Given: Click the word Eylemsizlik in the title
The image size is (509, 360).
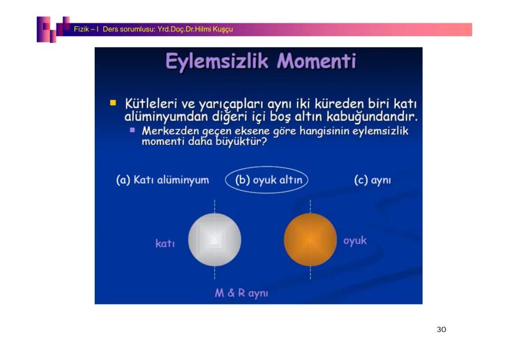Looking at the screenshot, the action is point(217,62).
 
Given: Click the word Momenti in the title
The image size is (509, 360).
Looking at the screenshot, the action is point(317,61).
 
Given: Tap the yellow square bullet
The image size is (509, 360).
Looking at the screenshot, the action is point(113,103).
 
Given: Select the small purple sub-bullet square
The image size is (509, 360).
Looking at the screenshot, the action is point(132,130).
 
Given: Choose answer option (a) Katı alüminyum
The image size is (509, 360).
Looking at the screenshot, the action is point(163,179).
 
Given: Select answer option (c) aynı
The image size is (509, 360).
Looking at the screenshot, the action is point(373,180).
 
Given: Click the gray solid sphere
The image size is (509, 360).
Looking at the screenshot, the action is point(215,240).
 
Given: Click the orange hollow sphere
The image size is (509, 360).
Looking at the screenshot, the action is point(310,240).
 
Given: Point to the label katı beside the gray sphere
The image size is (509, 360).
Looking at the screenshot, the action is point(165,243).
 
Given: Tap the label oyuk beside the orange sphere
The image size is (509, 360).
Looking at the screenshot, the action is point(355,241).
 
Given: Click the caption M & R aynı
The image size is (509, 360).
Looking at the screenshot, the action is point(242,293).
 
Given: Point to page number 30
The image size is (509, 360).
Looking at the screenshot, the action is point(441,329).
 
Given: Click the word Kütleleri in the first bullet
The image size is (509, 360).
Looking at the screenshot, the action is point(151,104).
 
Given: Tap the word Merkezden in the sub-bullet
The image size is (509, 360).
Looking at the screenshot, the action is point(170,131).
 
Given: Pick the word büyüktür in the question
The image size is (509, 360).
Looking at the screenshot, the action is point(239,142).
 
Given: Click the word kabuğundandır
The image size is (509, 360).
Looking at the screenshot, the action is point(372,117).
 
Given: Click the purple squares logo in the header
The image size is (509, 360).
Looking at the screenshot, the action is point(53,29).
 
